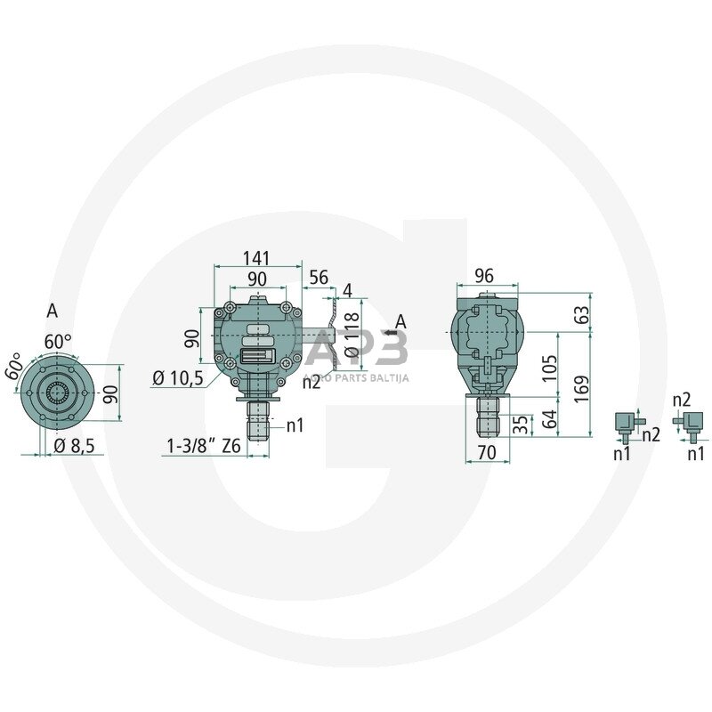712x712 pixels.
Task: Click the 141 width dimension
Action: coord(255,258)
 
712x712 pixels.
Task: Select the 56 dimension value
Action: coord(319,279)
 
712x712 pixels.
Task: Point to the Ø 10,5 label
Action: coord(178,377)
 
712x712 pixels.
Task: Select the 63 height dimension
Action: coord(582,314)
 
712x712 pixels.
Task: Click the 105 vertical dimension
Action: coord(549,367)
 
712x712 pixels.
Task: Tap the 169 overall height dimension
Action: coord(582,388)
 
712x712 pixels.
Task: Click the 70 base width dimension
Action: coord(486,453)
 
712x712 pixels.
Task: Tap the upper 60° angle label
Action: coord(58,341)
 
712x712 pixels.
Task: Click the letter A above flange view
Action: coord(52,311)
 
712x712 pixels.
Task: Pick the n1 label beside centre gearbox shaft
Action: coord(295,425)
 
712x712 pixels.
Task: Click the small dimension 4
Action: coord(347,290)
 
